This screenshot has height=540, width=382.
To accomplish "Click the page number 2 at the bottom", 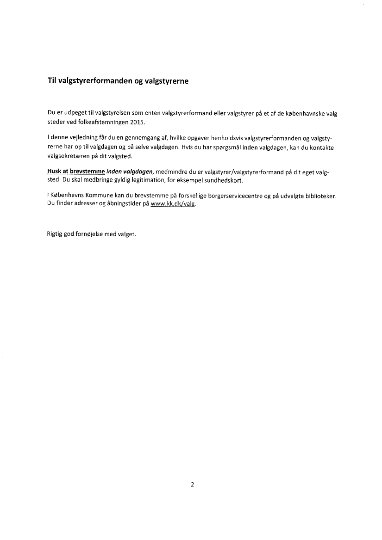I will pos(192,485).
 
